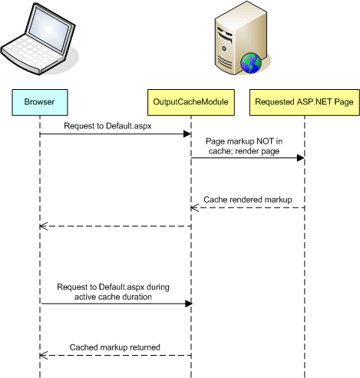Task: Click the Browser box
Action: coord(40,102)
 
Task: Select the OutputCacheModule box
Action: coord(191,102)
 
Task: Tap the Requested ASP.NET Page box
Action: coord(305,102)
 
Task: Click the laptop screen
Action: coord(49,29)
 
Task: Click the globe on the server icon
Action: coord(251,63)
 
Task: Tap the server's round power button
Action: coord(224,48)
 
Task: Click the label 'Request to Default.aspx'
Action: coord(107,126)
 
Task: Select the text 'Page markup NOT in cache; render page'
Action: coord(244,146)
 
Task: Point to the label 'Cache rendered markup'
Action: coord(248,200)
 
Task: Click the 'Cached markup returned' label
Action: coord(115,347)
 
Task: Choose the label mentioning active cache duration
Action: coord(113,292)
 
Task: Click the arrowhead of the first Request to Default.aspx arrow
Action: coord(187,134)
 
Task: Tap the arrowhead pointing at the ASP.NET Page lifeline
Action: coord(301,158)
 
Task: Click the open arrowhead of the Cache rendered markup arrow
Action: coord(194,207)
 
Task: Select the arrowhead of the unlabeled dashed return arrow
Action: coord(44,226)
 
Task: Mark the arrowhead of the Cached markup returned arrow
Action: coord(44,355)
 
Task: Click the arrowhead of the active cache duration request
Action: coord(189,303)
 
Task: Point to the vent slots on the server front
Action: coord(226,63)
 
